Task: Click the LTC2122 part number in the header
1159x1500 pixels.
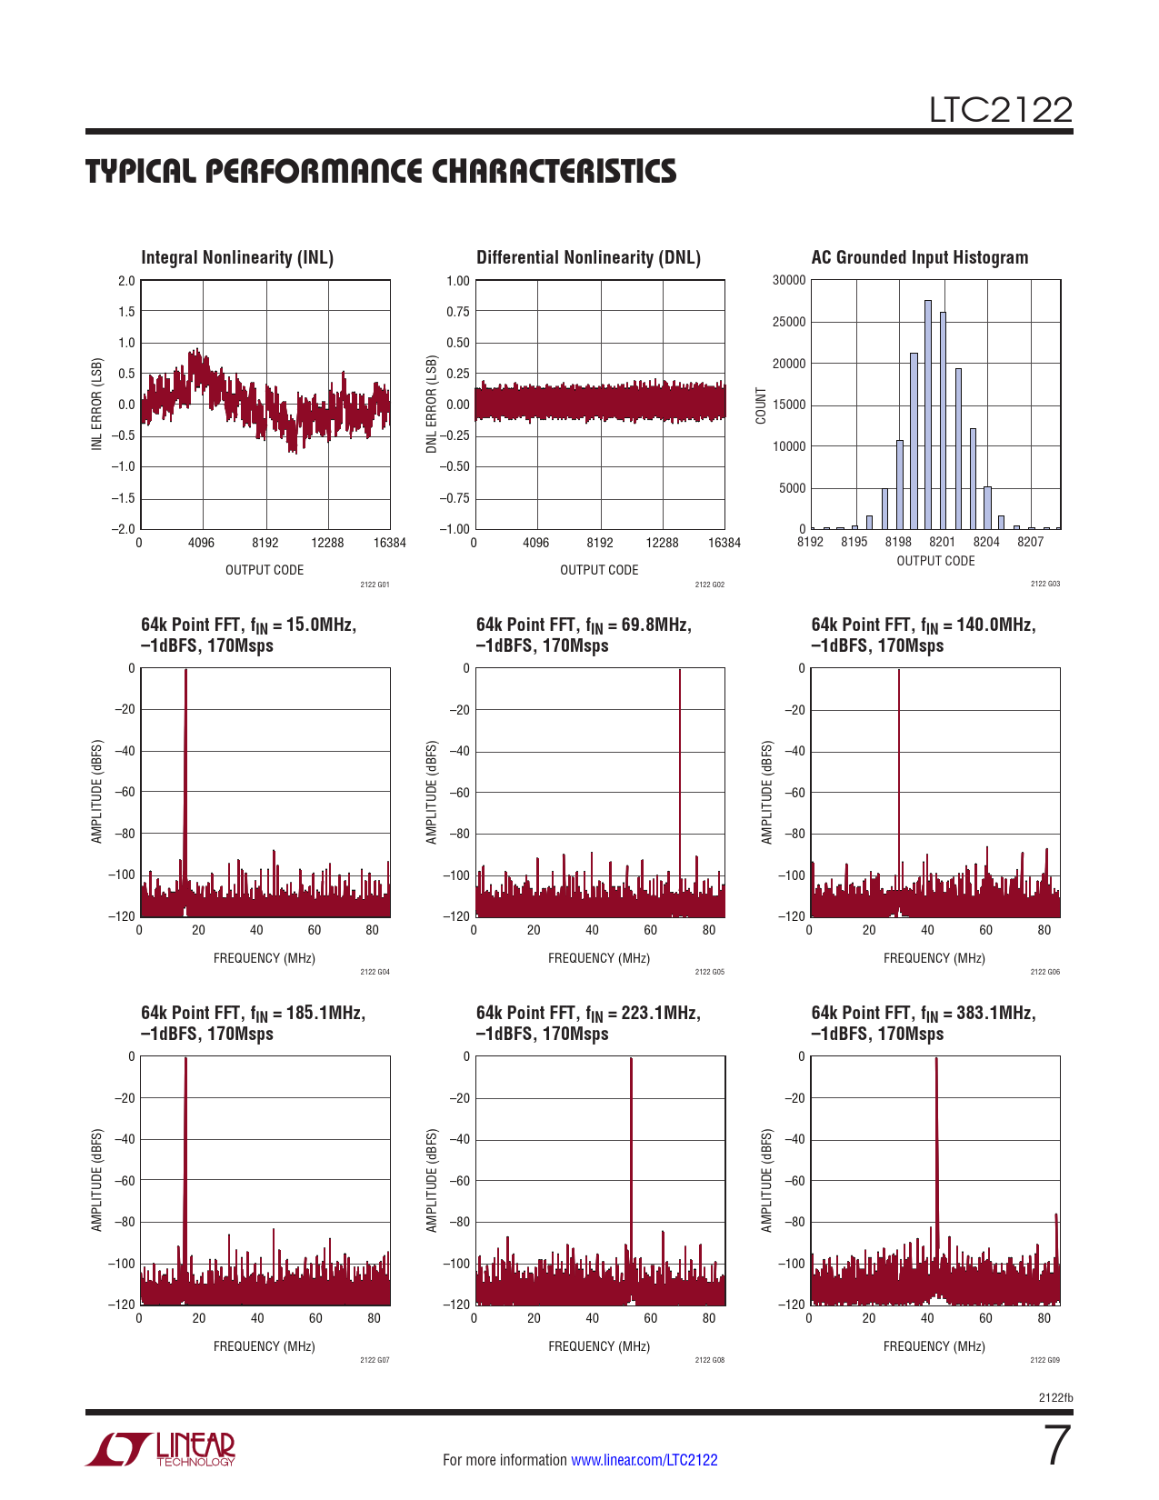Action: (x=1000, y=110)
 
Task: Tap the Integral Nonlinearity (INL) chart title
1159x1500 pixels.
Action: (x=237, y=258)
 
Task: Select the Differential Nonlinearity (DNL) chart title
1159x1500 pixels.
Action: (x=588, y=258)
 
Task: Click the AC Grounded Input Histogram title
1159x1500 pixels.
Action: (x=919, y=258)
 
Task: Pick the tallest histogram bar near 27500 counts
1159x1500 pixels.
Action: (x=928, y=414)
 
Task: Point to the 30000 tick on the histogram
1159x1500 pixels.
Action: (x=789, y=281)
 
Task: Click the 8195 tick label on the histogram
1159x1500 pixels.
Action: (x=854, y=543)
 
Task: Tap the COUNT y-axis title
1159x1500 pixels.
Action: (x=762, y=405)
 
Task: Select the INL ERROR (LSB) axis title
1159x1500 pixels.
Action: (x=96, y=404)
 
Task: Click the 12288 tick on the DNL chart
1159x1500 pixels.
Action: (x=662, y=544)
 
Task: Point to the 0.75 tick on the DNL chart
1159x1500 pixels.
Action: (x=458, y=312)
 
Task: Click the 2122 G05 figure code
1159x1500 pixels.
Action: (x=709, y=973)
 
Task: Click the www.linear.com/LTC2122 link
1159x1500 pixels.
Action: (x=644, y=1460)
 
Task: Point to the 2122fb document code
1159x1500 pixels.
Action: (x=1055, y=1398)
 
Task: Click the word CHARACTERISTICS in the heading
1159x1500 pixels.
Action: (x=554, y=172)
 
